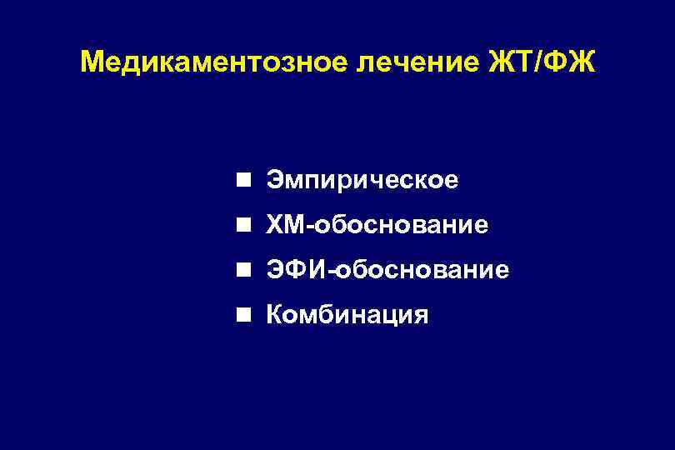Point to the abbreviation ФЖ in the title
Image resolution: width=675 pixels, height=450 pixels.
(x=574, y=63)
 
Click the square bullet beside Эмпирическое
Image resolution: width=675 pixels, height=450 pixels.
(x=242, y=181)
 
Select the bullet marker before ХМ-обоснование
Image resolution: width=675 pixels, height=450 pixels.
(x=242, y=226)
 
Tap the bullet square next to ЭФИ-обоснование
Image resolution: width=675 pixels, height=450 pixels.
(x=242, y=271)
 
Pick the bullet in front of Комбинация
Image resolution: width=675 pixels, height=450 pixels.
(x=242, y=316)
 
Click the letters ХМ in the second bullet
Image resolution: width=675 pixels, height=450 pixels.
(x=283, y=226)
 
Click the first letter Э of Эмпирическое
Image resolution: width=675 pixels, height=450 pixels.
(x=274, y=181)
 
